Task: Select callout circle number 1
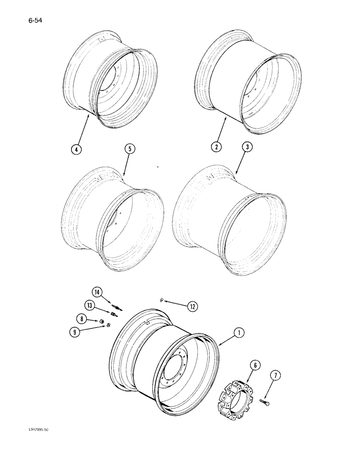(x=239, y=332)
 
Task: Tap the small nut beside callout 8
(x=101, y=320)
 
